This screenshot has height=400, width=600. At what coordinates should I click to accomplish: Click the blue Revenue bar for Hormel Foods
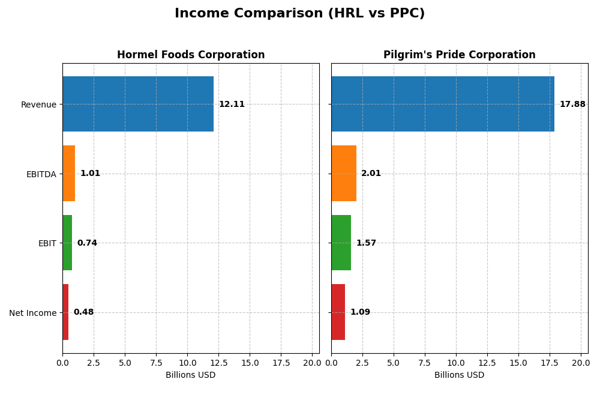(x=138, y=104)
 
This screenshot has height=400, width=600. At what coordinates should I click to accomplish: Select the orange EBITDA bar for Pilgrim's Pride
(x=344, y=173)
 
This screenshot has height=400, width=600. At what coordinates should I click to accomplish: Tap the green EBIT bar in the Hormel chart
(x=67, y=243)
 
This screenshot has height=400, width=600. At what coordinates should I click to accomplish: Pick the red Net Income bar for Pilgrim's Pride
(x=338, y=312)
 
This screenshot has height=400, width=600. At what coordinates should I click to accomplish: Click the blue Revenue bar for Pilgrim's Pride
(x=443, y=104)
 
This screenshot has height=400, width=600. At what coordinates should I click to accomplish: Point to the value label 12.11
(x=232, y=105)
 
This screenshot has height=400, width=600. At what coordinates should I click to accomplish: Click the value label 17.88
(x=572, y=105)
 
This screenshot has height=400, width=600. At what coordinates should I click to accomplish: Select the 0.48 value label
(x=83, y=312)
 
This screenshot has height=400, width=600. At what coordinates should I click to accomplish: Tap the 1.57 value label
(x=366, y=243)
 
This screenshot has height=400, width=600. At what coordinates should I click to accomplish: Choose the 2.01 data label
(x=371, y=174)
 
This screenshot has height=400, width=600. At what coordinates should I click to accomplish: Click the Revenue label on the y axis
(x=38, y=105)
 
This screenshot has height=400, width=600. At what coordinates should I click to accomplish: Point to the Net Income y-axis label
(x=32, y=313)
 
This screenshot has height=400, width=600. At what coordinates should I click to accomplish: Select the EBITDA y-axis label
(x=41, y=174)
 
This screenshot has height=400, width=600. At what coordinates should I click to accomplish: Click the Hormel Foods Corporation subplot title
(x=191, y=55)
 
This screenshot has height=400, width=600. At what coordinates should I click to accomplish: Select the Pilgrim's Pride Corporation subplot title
(x=460, y=55)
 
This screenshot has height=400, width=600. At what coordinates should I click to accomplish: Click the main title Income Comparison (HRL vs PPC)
(x=299, y=14)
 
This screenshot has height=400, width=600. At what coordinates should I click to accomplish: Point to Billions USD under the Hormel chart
(x=191, y=375)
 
